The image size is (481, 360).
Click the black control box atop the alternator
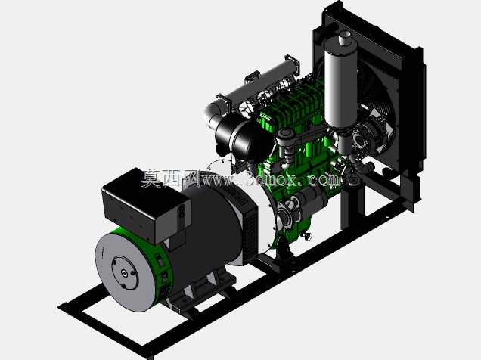pos(146,206)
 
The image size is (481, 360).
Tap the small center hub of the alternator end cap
pos(124,273)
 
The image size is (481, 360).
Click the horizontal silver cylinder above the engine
pos(262,81)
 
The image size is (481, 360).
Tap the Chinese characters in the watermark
pos(170,178)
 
